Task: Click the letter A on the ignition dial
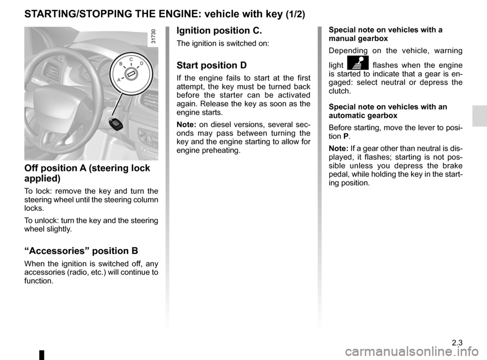click(x=118, y=80)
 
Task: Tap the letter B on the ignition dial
click(x=121, y=64)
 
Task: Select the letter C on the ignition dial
click(x=131, y=59)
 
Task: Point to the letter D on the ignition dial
click(x=142, y=64)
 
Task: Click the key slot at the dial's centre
click(x=131, y=74)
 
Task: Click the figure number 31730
click(x=154, y=39)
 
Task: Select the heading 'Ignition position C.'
click(x=219, y=30)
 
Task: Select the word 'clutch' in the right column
click(x=339, y=91)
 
